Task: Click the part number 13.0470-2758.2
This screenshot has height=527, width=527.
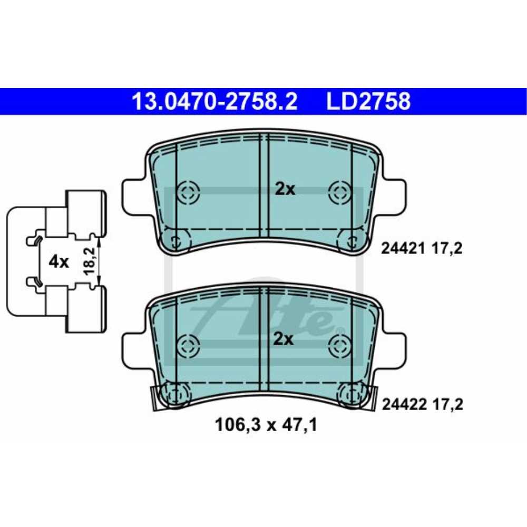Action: click(215, 101)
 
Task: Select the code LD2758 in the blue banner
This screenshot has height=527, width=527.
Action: click(368, 101)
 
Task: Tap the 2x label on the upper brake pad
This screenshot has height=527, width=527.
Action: click(285, 190)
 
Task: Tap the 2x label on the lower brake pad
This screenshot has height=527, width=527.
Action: click(284, 339)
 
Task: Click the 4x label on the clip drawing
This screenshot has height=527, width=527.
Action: click(59, 261)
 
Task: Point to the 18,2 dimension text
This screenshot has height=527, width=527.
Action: click(90, 261)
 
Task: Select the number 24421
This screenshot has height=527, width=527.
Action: click(401, 249)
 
